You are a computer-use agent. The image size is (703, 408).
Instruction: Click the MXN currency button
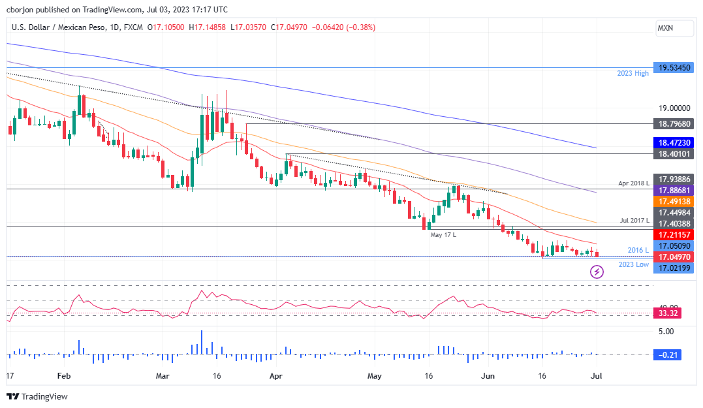(x=665, y=28)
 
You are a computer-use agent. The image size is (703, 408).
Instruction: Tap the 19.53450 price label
(x=673, y=68)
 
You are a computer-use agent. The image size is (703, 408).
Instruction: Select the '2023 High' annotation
(x=633, y=73)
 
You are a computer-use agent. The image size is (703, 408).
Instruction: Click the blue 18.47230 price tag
(x=673, y=142)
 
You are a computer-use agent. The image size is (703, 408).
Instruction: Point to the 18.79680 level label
(x=673, y=124)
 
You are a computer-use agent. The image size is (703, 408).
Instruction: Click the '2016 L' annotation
(x=638, y=250)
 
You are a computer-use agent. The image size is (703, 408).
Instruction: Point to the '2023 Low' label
(x=633, y=264)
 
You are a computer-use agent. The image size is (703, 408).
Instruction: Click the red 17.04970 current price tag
(x=673, y=258)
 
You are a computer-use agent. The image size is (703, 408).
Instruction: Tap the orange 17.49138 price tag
(x=673, y=202)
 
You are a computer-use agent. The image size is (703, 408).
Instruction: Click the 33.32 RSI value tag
(x=669, y=313)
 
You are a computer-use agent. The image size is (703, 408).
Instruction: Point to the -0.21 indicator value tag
(x=669, y=354)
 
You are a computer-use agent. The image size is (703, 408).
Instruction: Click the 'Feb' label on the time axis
(x=63, y=376)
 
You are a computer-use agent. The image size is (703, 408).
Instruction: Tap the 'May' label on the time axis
(x=374, y=376)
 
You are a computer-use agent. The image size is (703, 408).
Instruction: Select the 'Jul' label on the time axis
(x=597, y=376)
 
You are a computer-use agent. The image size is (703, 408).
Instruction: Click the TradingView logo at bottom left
(x=37, y=396)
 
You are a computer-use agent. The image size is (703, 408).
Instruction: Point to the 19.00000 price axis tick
(x=673, y=108)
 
